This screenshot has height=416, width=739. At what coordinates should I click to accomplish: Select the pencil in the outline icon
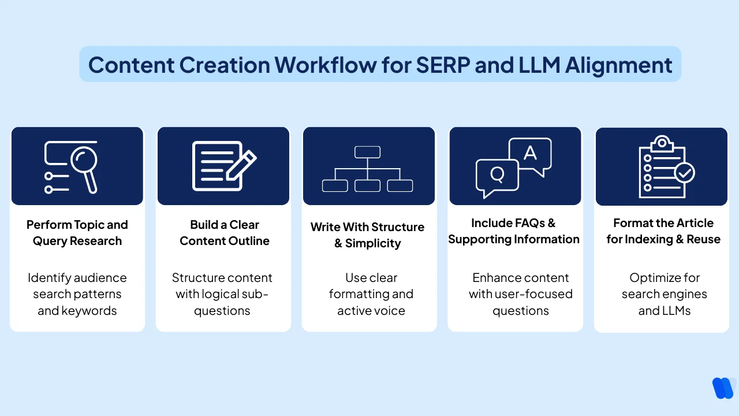241,165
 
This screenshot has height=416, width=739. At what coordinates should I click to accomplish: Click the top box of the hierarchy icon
367,152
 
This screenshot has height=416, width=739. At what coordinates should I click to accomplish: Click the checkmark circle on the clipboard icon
685,172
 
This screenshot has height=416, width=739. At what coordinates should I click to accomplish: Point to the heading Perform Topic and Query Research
77,233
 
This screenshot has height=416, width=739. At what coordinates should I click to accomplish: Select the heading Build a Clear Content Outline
224,233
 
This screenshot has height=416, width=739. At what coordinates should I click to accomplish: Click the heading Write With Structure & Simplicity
367,235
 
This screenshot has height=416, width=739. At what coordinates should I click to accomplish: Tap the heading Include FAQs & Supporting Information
513,231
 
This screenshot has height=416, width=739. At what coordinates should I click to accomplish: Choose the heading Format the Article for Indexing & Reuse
663,231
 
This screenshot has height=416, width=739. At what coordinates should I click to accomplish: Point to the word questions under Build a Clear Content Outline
222,311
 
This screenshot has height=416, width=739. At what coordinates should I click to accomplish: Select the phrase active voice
371,311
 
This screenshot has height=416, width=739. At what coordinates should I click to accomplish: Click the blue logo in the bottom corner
723,388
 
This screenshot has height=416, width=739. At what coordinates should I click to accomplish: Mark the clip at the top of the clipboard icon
662,142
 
